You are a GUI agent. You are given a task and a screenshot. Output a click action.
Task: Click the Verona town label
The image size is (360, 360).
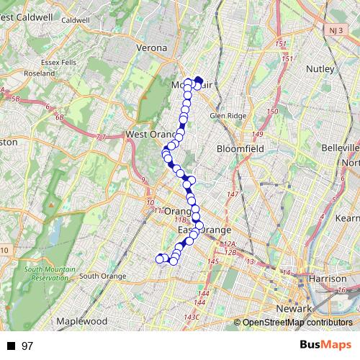(x=152, y=48)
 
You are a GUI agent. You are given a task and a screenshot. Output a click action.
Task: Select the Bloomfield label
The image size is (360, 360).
(x=241, y=149)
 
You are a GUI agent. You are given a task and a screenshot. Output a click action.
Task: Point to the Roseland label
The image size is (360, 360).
(x=39, y=73)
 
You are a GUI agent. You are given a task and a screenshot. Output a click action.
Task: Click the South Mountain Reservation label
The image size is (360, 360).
(x=46, y=274)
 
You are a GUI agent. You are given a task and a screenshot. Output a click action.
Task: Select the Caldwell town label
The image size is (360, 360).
(x=75, y=21)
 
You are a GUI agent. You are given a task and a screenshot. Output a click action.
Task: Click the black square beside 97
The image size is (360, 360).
(x=12, y=346)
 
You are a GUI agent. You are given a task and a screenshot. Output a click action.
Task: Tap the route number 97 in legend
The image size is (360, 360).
(x=27, y=346)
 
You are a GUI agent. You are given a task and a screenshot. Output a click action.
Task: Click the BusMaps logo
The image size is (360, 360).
(x=325, y=346)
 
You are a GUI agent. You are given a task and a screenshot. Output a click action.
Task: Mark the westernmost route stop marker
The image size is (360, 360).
(x=160, y=258)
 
